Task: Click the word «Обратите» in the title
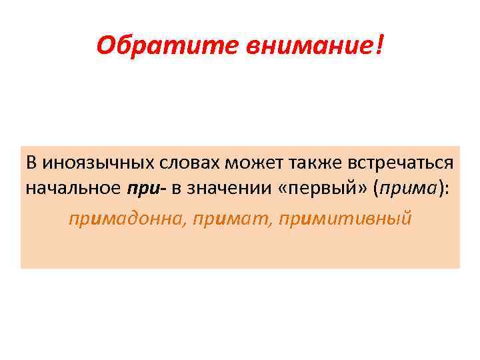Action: [x=141, y=46]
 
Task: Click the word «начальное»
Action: [x=73, y=189]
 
